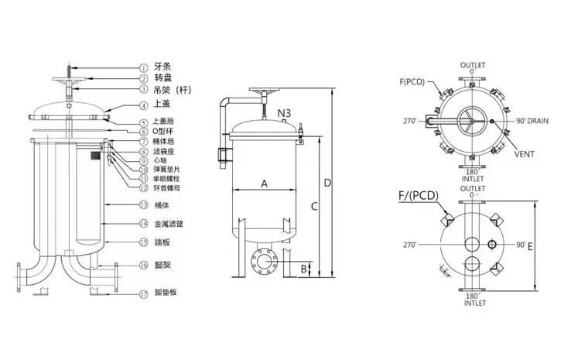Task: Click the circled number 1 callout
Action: pyautogui.click(x=144, y=67)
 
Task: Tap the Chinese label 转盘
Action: pyautogui.click(x=162, y=78)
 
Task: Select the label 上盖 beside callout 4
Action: pyautogui.click(x=162, y=105)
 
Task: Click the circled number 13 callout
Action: pyautogui.click(x=144, y=205)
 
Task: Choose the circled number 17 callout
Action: pyautogui.click(x=144, y=293)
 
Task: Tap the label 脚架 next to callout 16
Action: pyautogui.click(x=162, y=265)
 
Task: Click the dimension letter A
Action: pyautogui.click(x=264, y=183)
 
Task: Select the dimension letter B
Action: pyautogui.click(x=304, y=269)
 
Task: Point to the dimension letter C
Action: pyautogui.click(x=313, y=206)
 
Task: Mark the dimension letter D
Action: pyautogui.click(x=327, y=183)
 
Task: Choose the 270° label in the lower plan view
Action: pyautogui.click(x=411, y=245)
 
